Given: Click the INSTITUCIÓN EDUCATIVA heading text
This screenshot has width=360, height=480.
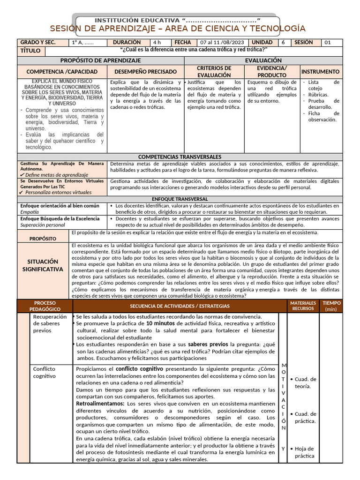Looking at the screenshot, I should pyautogui.click(x=178, y=20).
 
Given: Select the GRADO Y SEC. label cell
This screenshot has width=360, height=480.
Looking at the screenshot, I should pyautogui.click(x=38, y=42).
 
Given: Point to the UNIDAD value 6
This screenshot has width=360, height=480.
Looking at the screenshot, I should pyautogui.click(x=283, y=43).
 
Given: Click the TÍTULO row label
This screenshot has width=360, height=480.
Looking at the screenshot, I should pyautogui.click(x=30, y=51).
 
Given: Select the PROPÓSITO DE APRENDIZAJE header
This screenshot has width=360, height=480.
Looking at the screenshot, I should pyautogui.click(x=100, y=60).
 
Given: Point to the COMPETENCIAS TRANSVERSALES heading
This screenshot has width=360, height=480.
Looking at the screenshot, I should pyautogui.click(x=180, y=157).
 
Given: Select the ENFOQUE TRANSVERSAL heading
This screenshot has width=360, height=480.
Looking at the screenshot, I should pyautogui.click(x=180, y=199).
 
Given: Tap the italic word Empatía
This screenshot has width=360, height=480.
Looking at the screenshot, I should pyautogui.click(x=29, y=212).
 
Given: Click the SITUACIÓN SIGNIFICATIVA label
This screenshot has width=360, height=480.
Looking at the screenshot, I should pyautogui.click(x=43, y=265).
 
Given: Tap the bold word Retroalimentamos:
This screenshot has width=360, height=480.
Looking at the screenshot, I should pyautogui.click(x=100, y=404).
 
